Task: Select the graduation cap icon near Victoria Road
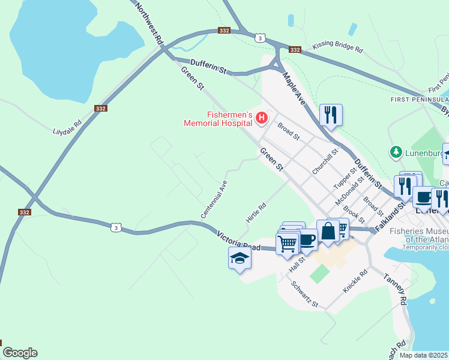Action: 240,259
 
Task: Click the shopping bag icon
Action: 328,231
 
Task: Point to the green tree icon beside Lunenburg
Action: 396,152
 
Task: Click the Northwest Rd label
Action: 149,24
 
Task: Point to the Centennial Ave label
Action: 214,199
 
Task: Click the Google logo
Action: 20,353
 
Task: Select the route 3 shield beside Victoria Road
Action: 118,227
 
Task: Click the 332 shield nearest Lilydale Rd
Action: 100,108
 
